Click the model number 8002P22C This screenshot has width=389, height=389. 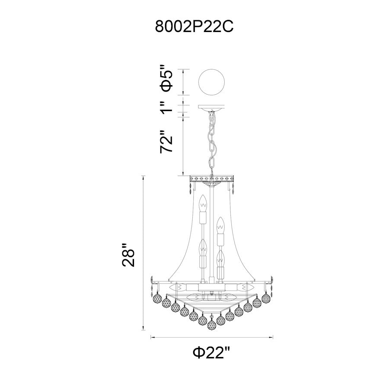[x=194, y=26]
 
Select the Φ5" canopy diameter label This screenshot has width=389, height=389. [x=166, y=78]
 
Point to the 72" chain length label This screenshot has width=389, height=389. [x=166, y=141]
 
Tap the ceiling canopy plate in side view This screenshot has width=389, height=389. [x=212, y=107]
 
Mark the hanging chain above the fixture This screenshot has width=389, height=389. [x=212, y=143]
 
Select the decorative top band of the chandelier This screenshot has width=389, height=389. [x=212, y=179]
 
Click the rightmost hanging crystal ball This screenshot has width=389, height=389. [x=266, y=298]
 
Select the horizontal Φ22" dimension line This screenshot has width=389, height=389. [x=212, y=337]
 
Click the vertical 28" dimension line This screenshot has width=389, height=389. [x=143, y=253]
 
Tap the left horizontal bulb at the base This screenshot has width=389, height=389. [x=179, y=288]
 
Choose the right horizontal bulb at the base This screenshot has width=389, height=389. [x=245, y=288]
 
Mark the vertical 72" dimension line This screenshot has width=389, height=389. [x=183, y=147]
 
